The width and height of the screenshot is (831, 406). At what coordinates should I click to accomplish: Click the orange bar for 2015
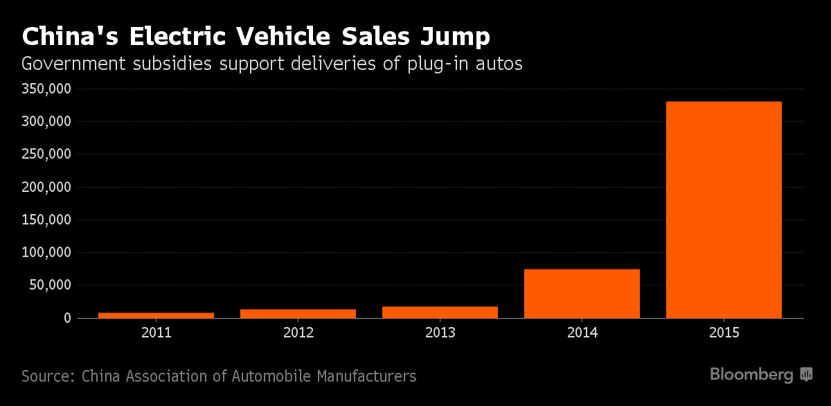[x=724, y=209]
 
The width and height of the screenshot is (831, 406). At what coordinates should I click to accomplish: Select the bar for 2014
[x=582, y=294]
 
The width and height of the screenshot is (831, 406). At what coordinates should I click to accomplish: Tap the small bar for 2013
[x=440, y=312]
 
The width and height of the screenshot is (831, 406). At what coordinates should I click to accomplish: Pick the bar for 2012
[x=298, y=313]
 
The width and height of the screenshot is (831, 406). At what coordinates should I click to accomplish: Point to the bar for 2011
[x=156, y=315]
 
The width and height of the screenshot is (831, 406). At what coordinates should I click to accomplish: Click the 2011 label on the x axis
[x=156, y=333]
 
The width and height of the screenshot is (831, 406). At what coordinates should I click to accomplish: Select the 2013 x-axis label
[x=440, y=333]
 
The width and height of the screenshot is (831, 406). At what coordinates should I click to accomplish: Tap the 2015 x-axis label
[x=724, y=333]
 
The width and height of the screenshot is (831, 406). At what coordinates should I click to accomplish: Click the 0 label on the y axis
[x=67, y=318]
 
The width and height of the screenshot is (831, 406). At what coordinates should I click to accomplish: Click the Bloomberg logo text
[x=751, y=375]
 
